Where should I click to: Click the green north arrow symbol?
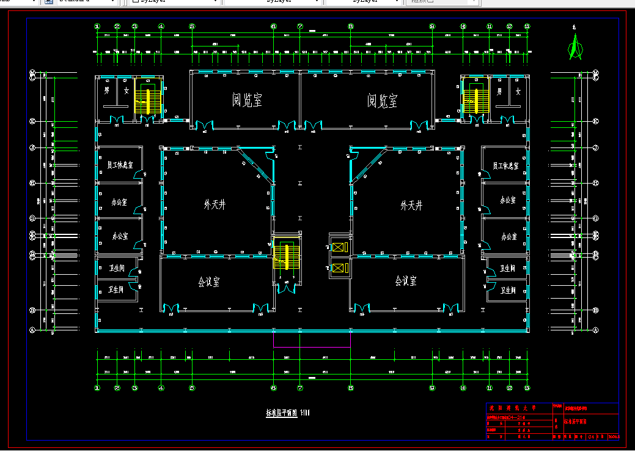coord(574,47)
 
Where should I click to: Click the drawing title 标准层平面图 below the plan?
coord(281,412)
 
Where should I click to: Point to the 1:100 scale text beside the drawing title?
coord(305,412)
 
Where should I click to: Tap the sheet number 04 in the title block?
coord(592,437)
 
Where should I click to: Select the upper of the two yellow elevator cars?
coord(338,248)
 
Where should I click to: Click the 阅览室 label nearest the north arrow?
coord(382,100)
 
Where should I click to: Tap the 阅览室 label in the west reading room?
coord(247,100)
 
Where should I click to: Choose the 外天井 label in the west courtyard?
coord(215,205)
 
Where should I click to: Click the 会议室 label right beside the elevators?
coord(405,281)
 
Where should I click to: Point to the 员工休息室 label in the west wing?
coord(120,166)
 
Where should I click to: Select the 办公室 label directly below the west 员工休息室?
coord(119,201)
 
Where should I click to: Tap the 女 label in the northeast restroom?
coord(518,91)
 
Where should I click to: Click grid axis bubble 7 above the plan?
coord(300,26)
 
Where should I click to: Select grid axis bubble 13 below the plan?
coord(527,387)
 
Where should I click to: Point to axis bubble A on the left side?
coord(32,329)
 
